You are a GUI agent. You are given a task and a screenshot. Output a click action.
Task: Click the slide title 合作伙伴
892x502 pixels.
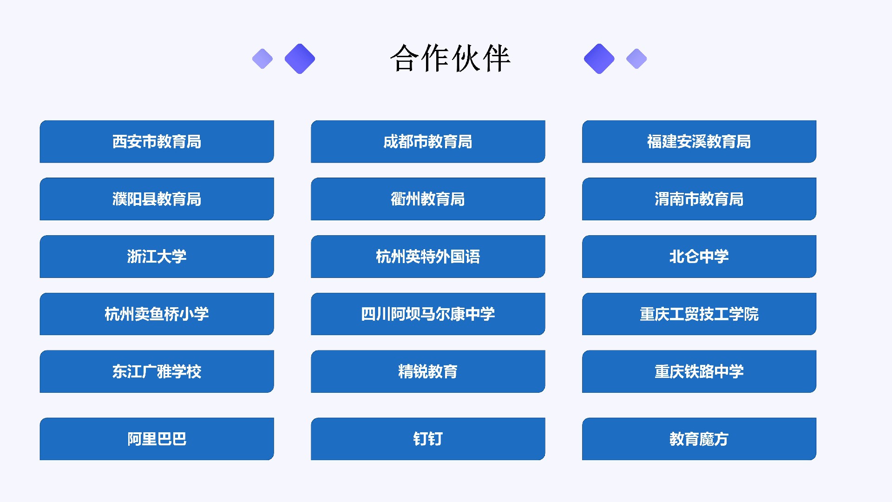tap(450, 59)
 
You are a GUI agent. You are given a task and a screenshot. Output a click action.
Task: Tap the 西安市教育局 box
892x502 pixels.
tap(157, 142)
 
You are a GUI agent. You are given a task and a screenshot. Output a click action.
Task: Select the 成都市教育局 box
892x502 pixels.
tap(428, 142)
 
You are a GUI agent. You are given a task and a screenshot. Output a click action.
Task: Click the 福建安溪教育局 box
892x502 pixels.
tap(699, 142)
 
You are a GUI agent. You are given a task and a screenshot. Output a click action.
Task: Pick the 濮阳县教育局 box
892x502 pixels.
tap(157, 199)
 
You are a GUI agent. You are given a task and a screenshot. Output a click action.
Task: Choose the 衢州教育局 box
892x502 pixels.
tap(428, 199)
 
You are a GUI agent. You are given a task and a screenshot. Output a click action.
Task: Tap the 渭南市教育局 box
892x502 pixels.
tap(699, 199)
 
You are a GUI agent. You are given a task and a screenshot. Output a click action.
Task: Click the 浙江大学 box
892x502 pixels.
tap(157, 257)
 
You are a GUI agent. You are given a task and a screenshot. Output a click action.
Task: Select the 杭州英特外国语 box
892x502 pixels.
tap(428, 257)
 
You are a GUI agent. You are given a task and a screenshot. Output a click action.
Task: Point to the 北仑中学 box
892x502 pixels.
tap(699, 257)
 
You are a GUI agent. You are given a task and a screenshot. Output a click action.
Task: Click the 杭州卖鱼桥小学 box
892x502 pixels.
tap(157, 314)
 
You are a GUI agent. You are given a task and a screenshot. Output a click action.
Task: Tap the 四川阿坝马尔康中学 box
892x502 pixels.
tap(428, 314)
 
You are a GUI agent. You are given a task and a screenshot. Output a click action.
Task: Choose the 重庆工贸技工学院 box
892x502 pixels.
tap(699, 314)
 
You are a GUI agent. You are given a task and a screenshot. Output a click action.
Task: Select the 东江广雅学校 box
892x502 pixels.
tap(157, 371)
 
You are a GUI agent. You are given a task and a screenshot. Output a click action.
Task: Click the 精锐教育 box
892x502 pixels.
tap(428, 371)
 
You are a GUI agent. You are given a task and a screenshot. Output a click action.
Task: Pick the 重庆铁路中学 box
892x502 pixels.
tap(699, 371)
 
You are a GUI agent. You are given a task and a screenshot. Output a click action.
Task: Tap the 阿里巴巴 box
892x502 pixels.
tap(157, 439)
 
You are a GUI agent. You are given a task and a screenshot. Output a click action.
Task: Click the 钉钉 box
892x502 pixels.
tap(428, 439)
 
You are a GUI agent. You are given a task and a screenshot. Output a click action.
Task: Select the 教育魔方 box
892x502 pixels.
tap(699, 439)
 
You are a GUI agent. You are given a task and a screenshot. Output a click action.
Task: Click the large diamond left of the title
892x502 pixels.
tap(300, 59)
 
